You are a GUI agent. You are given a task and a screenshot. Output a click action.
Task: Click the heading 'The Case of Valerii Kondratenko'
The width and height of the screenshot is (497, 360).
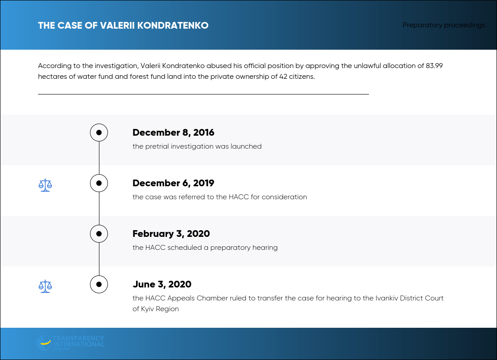pyautogui.click(x=123, y=26)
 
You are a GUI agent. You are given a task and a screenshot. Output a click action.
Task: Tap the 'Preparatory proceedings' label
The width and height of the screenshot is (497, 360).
pyautogui.click(x=444, y=25)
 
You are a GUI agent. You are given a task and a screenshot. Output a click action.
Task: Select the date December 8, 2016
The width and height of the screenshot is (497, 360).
pyautogui.click(x=173, y=133)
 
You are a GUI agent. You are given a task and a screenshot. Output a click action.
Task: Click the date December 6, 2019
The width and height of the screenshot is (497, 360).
pyautogui.click(x=173, y=183)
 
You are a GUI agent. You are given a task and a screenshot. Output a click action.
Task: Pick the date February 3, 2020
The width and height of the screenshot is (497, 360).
pyautogui.click(x=171, y=234)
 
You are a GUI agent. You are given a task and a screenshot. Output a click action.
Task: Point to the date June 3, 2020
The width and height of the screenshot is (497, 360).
pyautogui.click(x=162, y=284)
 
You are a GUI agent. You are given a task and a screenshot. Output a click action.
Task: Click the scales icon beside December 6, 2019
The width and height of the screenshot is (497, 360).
pyautogui.click(x=45, y=185)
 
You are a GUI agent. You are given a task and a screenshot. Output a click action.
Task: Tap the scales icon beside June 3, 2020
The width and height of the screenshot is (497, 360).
pyautogui.click(x=45, y=286)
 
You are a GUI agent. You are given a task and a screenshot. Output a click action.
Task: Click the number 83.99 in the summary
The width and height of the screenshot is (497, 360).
pyautogui.click(x=434, y=66)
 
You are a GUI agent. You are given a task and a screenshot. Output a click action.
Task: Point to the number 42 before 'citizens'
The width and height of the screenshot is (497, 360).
pyautogui.click(x=283, y=77)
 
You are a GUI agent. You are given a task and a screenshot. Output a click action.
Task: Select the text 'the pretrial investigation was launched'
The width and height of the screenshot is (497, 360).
pyautogui.click(x=197, y=146)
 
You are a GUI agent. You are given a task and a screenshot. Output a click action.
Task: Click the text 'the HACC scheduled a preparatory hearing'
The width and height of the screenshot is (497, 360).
pyautogui.click(x=205, y=248)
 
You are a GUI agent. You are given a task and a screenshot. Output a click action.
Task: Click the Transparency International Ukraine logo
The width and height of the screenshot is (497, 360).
pyautogui.click(x=70, y=343)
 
